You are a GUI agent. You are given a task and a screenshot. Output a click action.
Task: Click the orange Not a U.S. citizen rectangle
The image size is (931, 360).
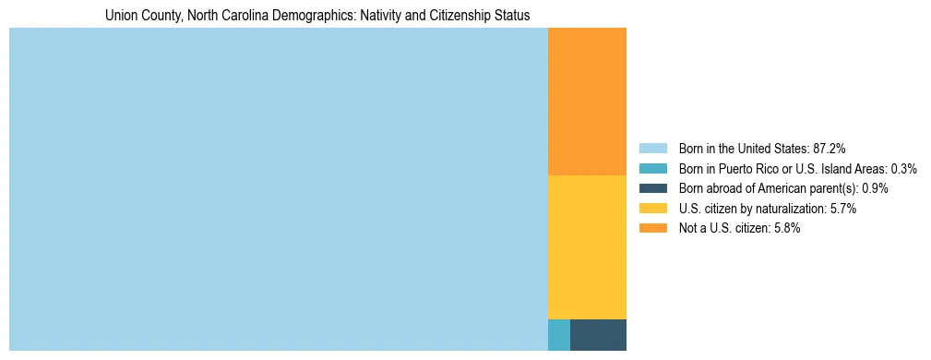point(587,102)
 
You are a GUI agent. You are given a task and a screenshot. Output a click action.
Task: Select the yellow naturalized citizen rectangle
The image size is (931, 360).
point(587,246)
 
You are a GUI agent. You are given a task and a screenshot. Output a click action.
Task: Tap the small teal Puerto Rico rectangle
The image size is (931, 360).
point(559,334)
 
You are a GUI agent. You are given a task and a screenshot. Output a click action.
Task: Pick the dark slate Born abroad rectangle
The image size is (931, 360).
point(598,334)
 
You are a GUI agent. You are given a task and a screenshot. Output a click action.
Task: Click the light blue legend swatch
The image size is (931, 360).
point(652,148)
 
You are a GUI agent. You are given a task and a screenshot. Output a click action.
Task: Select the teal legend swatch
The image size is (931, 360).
point(652,168)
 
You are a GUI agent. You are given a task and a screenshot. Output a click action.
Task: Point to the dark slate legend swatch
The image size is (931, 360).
point(652,188)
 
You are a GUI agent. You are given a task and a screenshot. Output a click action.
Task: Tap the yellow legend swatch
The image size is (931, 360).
point(652,209)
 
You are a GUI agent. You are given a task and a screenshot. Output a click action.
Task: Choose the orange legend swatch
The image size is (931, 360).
point(652,229)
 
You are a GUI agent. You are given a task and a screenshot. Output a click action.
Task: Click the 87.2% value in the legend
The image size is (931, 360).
point(829,148)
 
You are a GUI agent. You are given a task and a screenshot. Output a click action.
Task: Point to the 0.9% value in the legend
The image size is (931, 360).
point(876,188)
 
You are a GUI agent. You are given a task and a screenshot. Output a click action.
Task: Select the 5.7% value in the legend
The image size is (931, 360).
point(843,209)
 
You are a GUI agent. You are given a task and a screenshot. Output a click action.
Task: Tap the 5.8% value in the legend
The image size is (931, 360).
point(787,229)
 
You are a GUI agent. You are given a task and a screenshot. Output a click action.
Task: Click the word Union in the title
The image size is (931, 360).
point(121,16)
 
